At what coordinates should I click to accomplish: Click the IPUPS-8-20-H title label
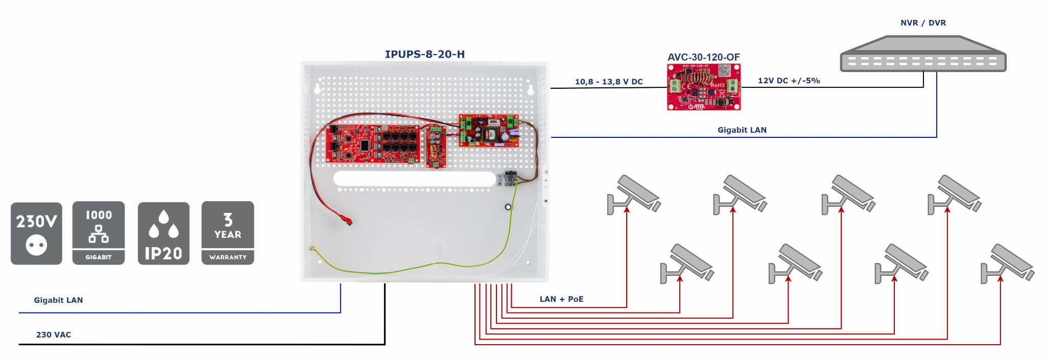tap(424, 54)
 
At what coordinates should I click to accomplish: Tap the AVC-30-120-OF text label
tap(703, 57)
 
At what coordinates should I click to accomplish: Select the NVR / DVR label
tap(923, 23)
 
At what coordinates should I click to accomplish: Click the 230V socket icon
tap(36, 233)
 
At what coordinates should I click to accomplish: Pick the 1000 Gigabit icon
tap(99, 233)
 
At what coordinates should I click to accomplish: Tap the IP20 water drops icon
tap(163, 233)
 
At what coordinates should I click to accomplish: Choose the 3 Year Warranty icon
tap(228, 233)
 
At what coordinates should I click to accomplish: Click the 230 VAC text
tap(54, 335)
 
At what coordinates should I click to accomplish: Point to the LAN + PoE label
tap(561, 299)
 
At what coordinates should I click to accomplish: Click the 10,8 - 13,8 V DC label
tap(609, 82)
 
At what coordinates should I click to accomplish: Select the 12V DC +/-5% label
tap(789, 81)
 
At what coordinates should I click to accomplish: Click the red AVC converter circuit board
tap(704, 87)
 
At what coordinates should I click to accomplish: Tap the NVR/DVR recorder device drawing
tap(923, 54)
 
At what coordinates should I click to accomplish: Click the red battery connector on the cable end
tap(346, 220)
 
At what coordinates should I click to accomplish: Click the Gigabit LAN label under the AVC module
tap(742, 130)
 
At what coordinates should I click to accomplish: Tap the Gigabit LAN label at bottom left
tap(58, 300)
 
